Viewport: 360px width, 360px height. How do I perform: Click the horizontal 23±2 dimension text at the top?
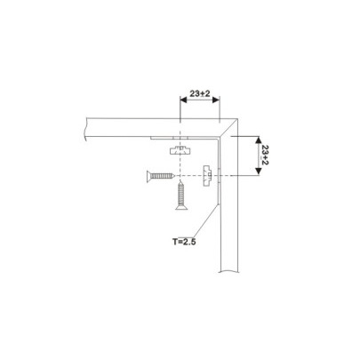pyautogui.click(x=199, y=91)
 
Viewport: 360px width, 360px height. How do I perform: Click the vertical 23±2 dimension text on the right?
pyautogui.click(x=264, y=157)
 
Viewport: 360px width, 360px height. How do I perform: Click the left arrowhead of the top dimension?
pyautogui.click(x=182, y=100)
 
